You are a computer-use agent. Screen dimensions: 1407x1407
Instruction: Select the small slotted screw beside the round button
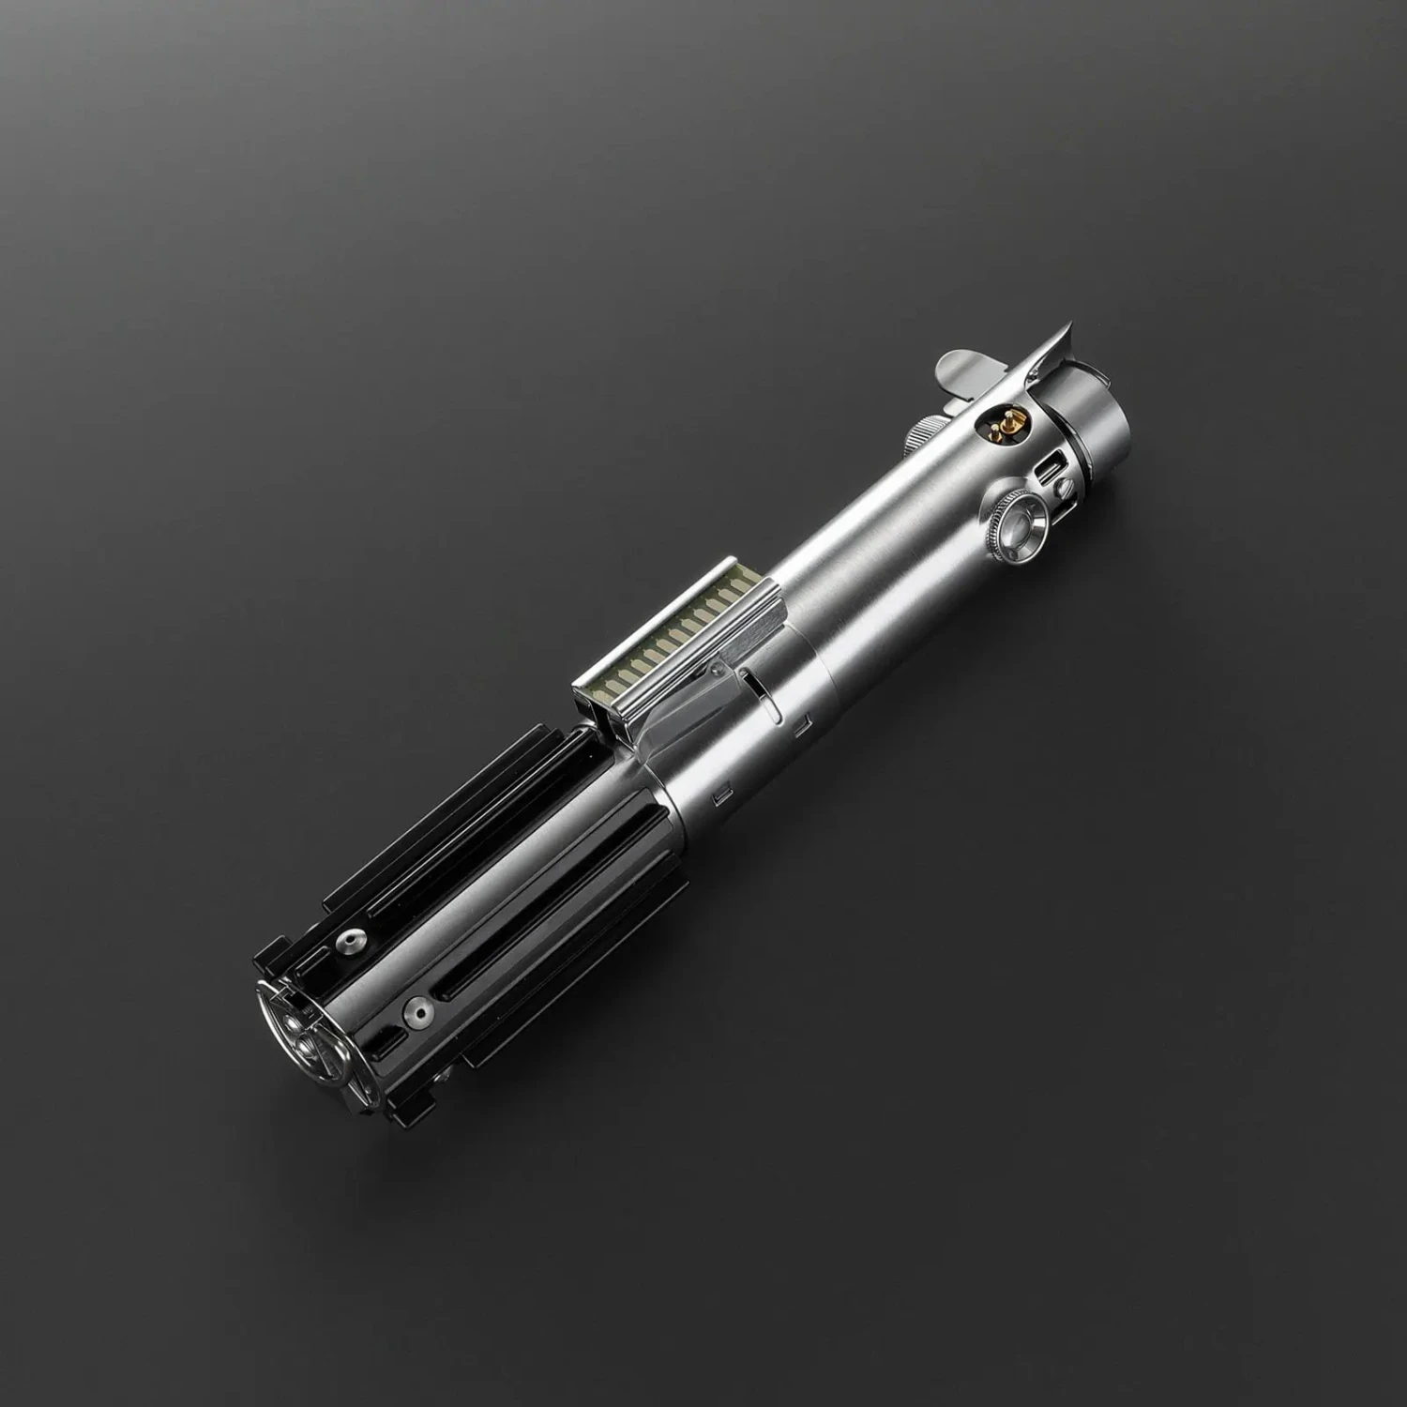click(x=1063, y=486)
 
